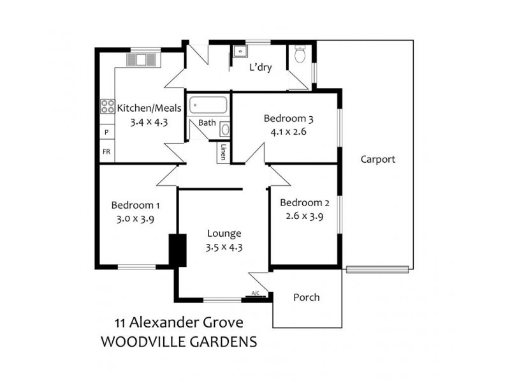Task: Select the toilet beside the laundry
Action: (x=300, y=56)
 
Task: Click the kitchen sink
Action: (x=142, y=60)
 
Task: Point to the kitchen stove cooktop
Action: (x=106, y=107)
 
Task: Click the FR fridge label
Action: (x=106, y=152)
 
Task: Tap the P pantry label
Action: (x=106, y=132)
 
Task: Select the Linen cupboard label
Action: (x=223, y=153)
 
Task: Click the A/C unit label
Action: (x=256, y=294)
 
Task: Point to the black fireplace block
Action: (x=177, y=250)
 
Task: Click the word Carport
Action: (x=377, y=160)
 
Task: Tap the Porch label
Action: (x=306, y=297)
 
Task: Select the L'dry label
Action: (x=261, y=67)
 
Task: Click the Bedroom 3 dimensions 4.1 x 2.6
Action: (x=288, y=133)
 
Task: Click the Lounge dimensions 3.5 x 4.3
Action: (x=223, y=246)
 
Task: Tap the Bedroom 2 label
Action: (x=305, y=203)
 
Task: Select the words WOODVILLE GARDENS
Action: (x=179, y=342)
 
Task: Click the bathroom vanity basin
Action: (x=225, y=129)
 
